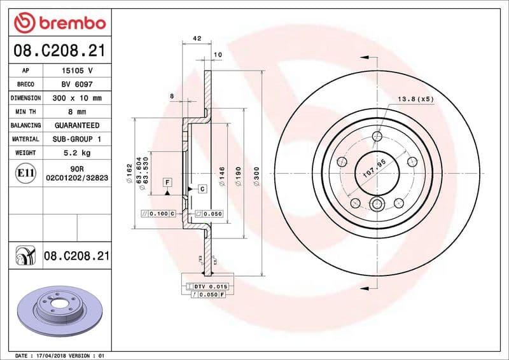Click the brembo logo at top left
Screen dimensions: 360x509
[x=59, y=22]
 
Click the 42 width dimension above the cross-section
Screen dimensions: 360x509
[x=197, y=39]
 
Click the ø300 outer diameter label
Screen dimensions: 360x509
[x=256, y=174]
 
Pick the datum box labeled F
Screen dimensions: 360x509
[x=167, y=183]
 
